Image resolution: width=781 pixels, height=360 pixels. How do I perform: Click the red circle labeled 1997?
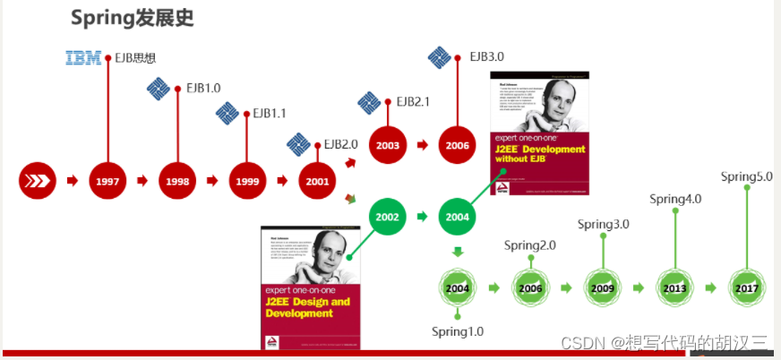coord(107,181)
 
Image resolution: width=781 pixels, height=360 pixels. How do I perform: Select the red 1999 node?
coord(248,181)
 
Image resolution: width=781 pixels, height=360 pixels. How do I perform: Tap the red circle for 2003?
coord(388,145)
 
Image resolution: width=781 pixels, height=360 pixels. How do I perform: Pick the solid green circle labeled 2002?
coord(388,217)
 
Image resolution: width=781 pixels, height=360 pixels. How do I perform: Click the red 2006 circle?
coord(458,145)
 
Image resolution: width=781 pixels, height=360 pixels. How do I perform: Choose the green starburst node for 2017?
coord(746,287)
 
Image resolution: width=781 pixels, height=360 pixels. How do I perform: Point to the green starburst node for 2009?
coord(603,288)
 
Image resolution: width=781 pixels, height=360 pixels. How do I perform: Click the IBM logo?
coord(83,58)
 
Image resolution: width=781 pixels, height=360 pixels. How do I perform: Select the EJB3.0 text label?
coord(487,56)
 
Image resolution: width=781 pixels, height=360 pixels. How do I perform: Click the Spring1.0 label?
coord(458,331)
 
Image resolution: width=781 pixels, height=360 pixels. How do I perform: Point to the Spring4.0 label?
coord(675,199)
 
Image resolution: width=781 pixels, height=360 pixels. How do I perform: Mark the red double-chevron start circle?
coord(37,181)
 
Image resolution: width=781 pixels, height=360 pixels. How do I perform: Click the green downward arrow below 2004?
coord(458,253)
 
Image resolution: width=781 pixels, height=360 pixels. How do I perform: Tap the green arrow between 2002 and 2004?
coord(422,217)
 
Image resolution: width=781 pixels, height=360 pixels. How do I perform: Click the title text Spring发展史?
coord(132,18)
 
